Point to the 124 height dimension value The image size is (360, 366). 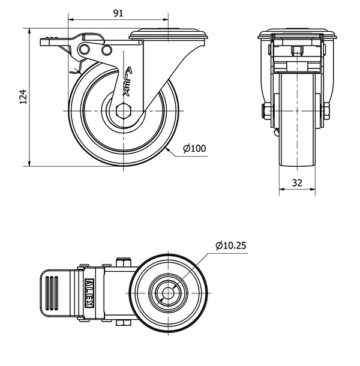pos(23,97)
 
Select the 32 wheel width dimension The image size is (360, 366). pos(297,183)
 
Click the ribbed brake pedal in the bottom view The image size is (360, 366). pos(53,293)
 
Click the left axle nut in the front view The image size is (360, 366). pos(265,111)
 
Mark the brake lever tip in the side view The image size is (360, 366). pos(46,41)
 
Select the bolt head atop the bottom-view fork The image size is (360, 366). pos(123,262)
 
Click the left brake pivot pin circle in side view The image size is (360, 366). pos(86,48)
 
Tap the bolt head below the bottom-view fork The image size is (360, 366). pos(123,325)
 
